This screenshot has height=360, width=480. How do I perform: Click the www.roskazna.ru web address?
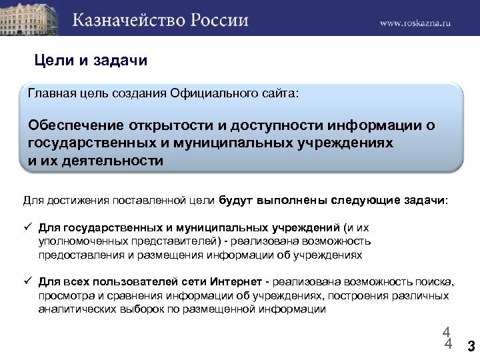point(416,22)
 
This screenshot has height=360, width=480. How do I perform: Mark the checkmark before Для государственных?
point(28,226)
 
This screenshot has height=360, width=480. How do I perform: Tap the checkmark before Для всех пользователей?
point(28,281)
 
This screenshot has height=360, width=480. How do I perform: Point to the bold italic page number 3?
point(471,346)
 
